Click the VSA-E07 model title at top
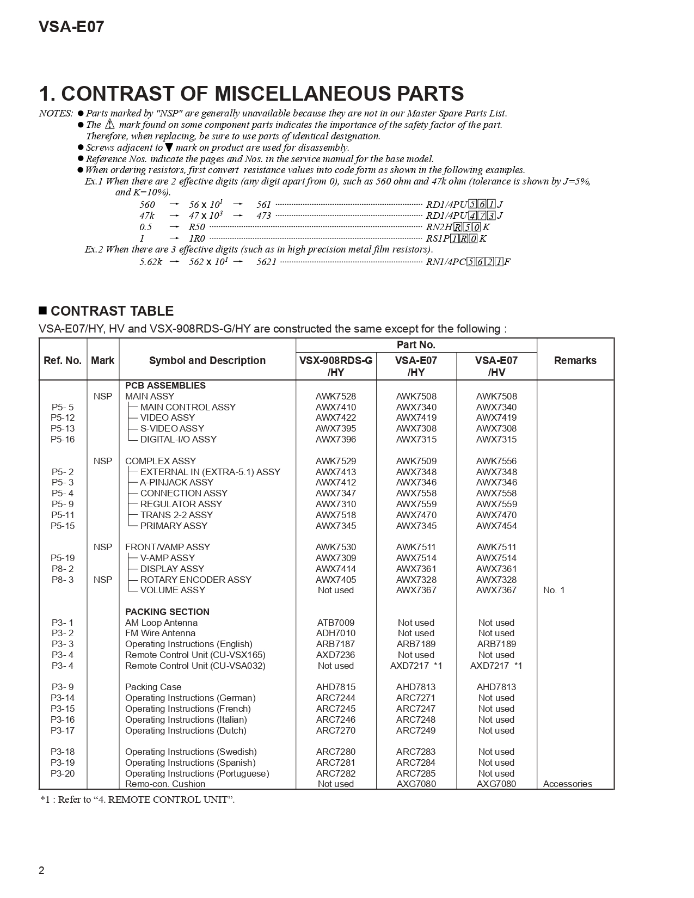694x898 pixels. coord(71,27)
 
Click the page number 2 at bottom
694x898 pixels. coord(41,870)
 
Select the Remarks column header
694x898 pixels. coord(575,360)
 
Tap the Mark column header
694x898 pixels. coord(102,360)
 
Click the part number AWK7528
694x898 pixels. coord(335,396)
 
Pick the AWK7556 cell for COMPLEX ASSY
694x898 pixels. coord(496,461)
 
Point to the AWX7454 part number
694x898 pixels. coord(496,526)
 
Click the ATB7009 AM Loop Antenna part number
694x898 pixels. coord(335,623)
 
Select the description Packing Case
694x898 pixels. coord(153,687)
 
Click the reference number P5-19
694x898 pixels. coord(63,558)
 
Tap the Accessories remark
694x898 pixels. coord(567,784)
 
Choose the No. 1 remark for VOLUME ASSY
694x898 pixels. coord(554,590)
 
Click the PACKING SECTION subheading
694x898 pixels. coord(167,612)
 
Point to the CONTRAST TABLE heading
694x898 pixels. coord(112,311)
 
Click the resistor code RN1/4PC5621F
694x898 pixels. coord(468,262)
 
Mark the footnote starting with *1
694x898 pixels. coord(137,799)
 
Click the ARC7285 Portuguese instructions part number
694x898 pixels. coord(416,773)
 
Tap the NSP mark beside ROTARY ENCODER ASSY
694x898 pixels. coord(102,580)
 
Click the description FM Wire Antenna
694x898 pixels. coord(160,633)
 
